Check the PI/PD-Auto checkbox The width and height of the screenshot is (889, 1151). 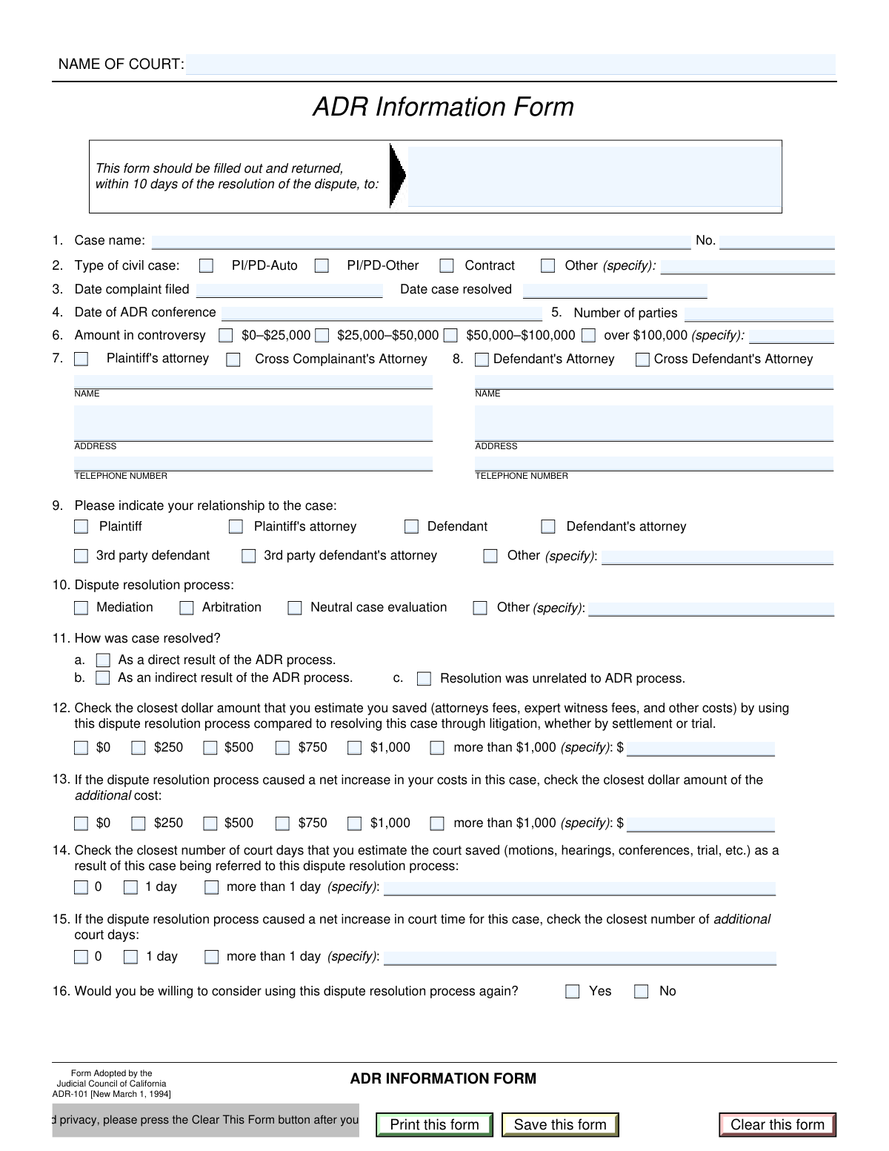click(x=207, y=265)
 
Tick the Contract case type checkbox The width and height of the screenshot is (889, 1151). click(x=447, y=265)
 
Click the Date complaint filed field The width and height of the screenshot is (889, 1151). click(x=289, y=290)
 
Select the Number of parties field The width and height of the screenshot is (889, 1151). click(x=759, y=314)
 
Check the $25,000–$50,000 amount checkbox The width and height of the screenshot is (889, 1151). click(x=322, y=336)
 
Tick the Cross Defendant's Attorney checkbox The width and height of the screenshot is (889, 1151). click(x=643, y=359)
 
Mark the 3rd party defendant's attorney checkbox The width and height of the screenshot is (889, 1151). click(x=249, y=556)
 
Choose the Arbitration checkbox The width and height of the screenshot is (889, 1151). click(x=187, y=608)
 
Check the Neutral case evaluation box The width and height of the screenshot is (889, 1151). click(x=295, y=608)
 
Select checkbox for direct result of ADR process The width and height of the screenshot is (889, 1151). click(x=104, y=660)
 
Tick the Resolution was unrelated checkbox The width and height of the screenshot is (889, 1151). click(x=424, y=678)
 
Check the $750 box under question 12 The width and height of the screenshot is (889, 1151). click(x=282, y=748)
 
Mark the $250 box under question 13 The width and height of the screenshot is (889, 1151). click(x=139, y=823)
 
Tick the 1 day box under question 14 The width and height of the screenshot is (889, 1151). click(x=130, y=887)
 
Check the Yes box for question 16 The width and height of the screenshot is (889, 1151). click(x=573, y=992)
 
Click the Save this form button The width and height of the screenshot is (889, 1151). click(x=560, y=1124)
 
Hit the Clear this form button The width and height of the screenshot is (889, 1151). click(x=777, y=1124)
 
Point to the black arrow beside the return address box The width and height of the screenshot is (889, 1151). click(x=398, y=176)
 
